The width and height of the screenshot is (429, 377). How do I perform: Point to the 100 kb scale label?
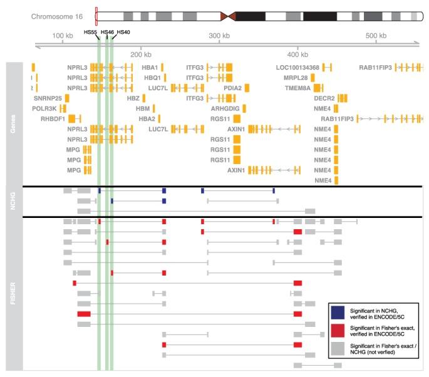pos(63,36)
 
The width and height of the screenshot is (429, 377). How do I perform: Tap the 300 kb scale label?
pos(218,36)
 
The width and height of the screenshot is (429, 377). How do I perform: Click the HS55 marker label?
pos(91,32)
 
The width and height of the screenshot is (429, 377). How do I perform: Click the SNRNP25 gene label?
pos(48,98)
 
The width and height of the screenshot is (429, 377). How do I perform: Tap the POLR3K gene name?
pos(45,108)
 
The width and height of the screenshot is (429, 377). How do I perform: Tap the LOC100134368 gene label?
pos(297,67)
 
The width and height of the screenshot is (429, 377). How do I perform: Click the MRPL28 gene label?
pos(295,78)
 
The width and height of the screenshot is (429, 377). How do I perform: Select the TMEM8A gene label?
pos(297,88)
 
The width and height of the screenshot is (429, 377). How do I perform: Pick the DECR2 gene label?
pos(324,98)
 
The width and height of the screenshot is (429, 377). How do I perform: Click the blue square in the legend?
pos(338,311)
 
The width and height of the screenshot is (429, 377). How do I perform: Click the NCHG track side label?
pos(14,202)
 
